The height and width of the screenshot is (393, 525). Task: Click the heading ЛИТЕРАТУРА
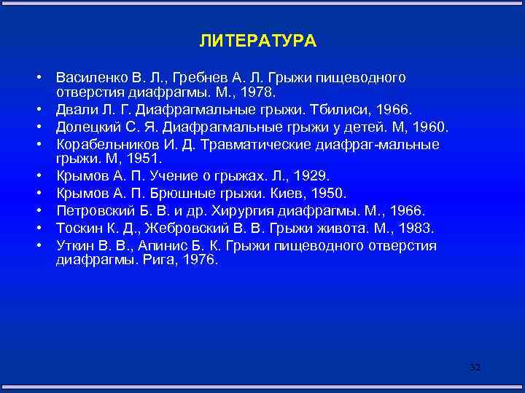point(257,41)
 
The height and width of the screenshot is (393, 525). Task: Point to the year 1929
point(311,176)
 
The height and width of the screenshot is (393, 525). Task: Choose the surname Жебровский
point(190,229)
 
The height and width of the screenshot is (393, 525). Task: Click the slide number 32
point(475,368)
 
